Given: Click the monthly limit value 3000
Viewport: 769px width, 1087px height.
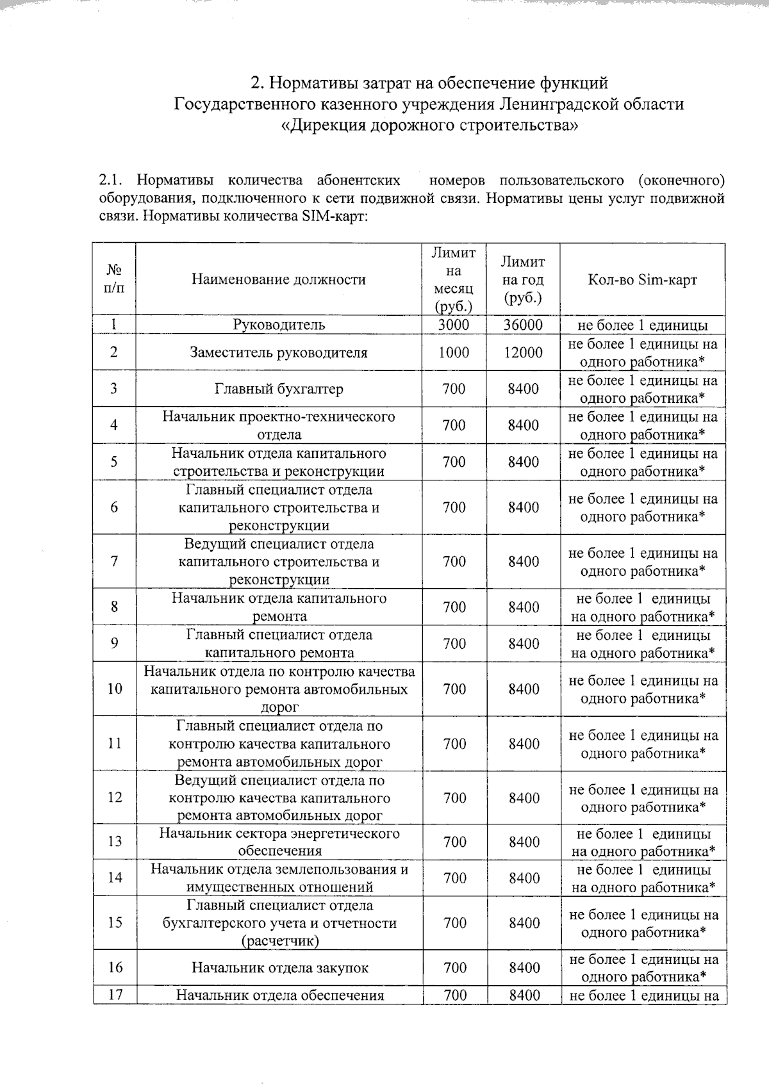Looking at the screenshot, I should pos(454,325).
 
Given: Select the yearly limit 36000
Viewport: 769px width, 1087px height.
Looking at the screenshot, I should pos(523,325).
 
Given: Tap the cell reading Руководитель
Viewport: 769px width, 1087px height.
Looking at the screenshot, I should pos(279,325).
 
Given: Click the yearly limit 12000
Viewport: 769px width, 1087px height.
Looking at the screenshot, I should pos(523,352).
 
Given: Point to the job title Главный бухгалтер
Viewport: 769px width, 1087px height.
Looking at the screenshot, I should pos(279,389).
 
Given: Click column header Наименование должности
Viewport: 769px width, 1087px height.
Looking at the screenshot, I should pos(279,279).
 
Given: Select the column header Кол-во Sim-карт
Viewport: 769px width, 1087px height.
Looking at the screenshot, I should pos(642,279).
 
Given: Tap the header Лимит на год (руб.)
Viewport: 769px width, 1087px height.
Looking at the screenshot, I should pos(523,279).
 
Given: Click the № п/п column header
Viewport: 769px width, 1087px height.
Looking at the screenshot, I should pos(114,279).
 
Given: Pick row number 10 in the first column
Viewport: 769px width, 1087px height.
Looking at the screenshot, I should pos(115,689).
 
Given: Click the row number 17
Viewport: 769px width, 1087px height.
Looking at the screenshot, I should pos(115,995).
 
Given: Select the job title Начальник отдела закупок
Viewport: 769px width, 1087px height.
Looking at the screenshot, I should pos(280,968).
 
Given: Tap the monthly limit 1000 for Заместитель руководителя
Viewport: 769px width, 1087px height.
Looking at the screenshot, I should pos(454,352).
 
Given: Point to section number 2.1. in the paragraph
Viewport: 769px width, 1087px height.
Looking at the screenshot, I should pos(112,181).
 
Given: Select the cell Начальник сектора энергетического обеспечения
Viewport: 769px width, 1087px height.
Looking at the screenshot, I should pos(279,842).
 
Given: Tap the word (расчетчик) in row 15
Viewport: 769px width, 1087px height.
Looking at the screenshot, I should pos(280,941).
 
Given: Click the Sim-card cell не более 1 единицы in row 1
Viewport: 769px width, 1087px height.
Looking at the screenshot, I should pos(642,325).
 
